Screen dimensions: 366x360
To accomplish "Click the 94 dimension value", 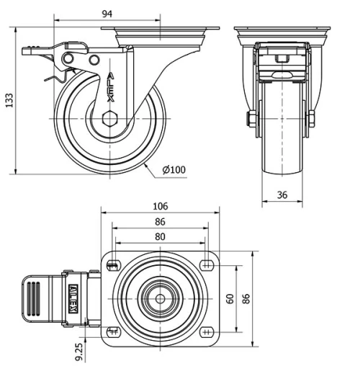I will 107,14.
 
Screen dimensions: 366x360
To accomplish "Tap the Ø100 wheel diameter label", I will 174,170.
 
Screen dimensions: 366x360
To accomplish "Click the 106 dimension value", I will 161,206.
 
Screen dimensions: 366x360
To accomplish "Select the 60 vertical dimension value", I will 230,298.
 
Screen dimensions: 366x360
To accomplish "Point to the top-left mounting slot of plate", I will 112,267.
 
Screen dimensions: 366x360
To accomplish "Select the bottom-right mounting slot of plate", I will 210,332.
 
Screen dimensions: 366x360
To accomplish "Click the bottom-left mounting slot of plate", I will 112,332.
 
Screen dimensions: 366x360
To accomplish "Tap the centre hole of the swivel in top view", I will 160,299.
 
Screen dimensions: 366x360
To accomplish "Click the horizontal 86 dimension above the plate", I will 160,221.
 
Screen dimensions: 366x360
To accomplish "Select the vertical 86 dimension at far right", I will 248,298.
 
